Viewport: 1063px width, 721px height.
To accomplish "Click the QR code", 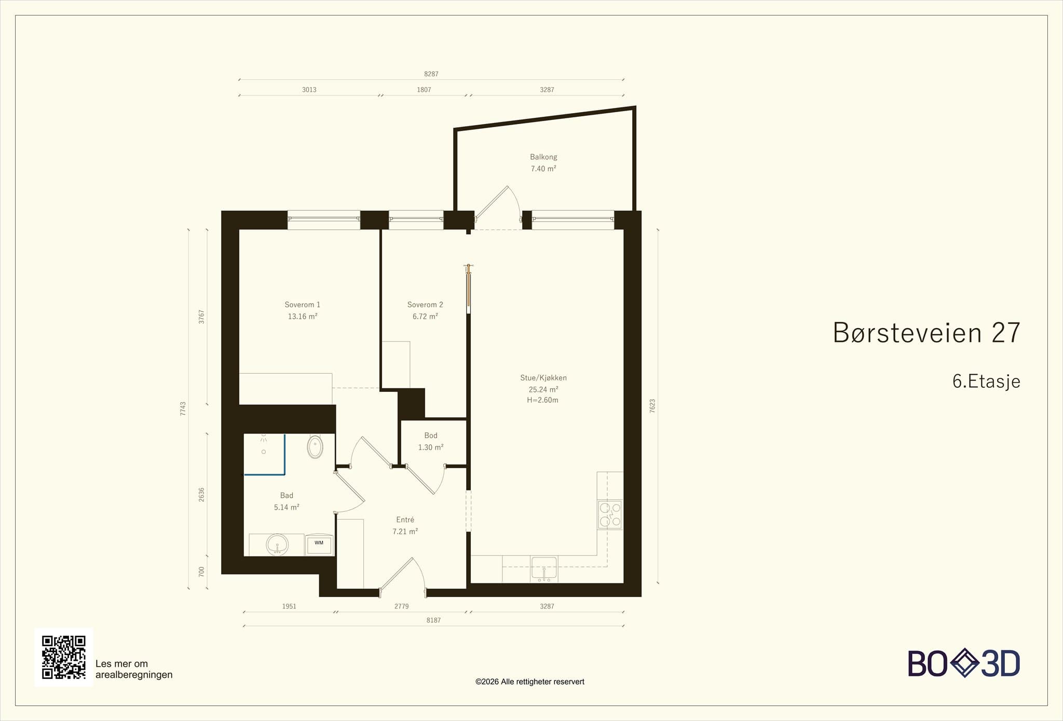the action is tap(64, 657).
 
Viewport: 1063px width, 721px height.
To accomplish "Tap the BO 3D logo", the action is tap(964, 663).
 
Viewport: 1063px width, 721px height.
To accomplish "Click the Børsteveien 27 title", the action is tap(926, 333).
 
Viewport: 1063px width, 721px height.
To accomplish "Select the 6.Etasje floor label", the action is tap(986, 382).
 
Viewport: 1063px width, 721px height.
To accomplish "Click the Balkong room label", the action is tap(543, 157).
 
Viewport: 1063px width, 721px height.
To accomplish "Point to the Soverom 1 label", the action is tap(303, 305).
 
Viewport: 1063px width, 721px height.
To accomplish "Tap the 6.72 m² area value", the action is tap(425, 316).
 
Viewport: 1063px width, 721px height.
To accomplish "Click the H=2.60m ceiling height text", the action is tap(542, 400).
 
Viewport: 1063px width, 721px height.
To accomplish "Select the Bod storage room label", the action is tap(431, 436).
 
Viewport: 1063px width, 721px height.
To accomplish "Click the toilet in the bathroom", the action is tap(315, 446).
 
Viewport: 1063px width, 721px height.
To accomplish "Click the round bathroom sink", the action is tap(277, 545).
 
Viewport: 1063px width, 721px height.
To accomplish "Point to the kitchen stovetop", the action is tap(610, 514).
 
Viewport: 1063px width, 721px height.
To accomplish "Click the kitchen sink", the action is tap(543, 569).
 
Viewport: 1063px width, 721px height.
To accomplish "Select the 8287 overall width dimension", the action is tap(431, 74).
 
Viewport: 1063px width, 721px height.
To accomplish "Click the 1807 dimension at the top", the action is tap(424, 90).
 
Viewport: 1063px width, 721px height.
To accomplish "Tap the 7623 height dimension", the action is tap(652, 406).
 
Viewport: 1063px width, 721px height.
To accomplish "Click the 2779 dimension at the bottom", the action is tap(402, 606).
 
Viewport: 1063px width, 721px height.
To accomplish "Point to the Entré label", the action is tap(405, 520).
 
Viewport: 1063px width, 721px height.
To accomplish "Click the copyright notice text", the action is tap(530, 682).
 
